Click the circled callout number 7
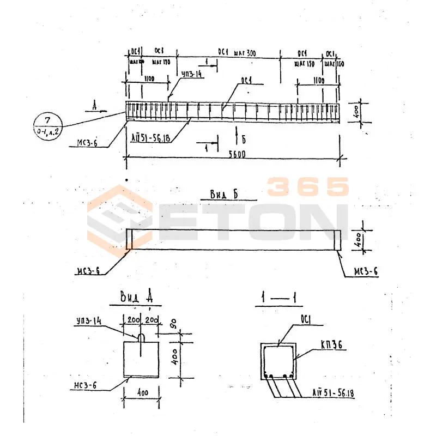47,120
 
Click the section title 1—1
279,298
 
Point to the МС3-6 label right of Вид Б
366,271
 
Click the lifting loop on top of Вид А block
141,338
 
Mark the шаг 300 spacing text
245,53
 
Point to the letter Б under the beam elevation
244,140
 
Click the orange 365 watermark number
308,187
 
